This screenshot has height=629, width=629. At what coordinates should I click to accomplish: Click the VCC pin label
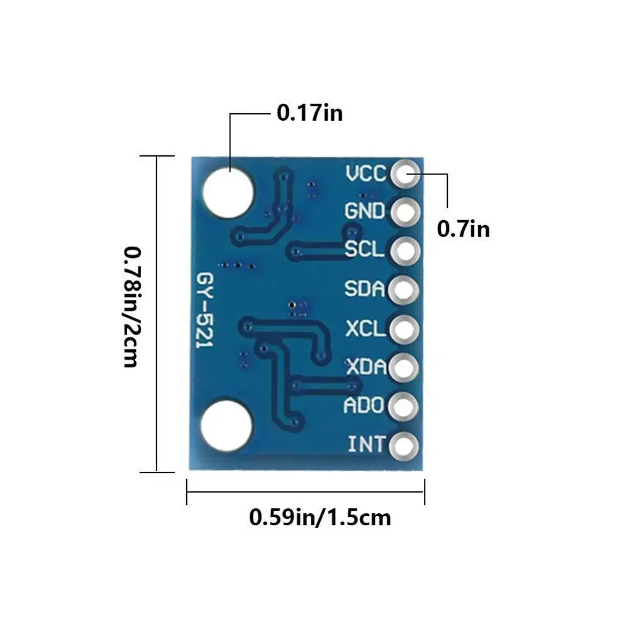point(365,173)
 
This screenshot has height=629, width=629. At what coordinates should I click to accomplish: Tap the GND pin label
point(365,211)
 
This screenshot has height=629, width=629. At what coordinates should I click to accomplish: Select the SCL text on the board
point(364,250)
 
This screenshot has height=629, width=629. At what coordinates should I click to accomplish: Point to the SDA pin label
point(365,289)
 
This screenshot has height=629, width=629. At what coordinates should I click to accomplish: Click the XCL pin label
point(365,328)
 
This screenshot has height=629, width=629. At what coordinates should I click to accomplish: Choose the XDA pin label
point(365,367)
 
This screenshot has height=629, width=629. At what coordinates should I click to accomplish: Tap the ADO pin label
point(364,406)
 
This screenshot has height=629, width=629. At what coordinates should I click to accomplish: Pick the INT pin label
point(367,445)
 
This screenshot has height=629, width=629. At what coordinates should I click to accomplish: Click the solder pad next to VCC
point(405,174)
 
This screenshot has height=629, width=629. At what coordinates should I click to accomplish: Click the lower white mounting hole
point(226,426)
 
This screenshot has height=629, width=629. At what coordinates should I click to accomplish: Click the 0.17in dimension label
point(309,113)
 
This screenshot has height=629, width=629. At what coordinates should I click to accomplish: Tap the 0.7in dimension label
point(463,229)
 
